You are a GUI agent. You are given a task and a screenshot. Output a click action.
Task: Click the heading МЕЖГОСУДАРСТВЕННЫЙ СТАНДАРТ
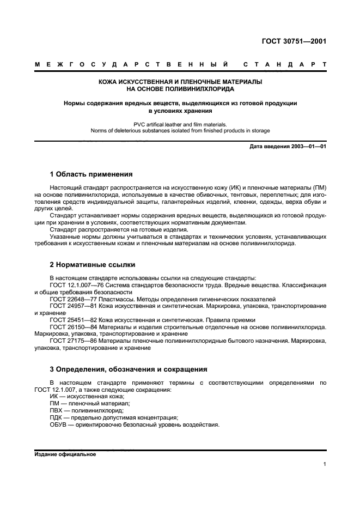click(180, 64)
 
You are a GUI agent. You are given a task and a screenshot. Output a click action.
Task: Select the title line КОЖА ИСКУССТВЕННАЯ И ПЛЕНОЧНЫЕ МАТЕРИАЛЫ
click(180, 81)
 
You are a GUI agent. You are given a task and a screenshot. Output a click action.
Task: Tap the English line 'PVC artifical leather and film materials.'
click(180, 124)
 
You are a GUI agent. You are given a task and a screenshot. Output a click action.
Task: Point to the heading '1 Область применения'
click(91, 174)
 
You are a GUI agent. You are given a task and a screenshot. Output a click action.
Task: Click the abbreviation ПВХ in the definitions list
click(57, 410)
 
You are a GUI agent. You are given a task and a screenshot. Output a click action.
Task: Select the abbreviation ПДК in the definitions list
click(57, 417)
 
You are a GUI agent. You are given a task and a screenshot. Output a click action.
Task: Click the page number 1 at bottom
click(324, 464)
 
